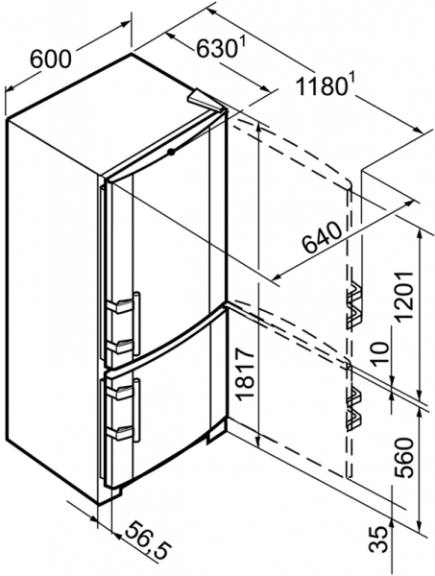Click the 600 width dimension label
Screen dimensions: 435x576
(x=50, y=59)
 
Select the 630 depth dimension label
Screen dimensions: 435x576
(x=216, y=49)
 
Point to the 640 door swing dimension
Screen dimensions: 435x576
(x=323, y=238)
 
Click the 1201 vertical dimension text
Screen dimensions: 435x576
(x=404, y=296)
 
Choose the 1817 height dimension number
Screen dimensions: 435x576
(x=245, y=374)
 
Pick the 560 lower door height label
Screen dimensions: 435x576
(x=404, y=457)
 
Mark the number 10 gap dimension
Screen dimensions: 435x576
(x=381, y=353)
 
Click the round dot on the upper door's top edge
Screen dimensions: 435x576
(x=171, y=152)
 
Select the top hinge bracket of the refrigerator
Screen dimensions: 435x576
(x=206, y=99)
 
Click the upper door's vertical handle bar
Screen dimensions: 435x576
(x=136, y=324)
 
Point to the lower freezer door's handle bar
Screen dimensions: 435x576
(x=136, y=410)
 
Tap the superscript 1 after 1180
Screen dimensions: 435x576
(x=350, y=83)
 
